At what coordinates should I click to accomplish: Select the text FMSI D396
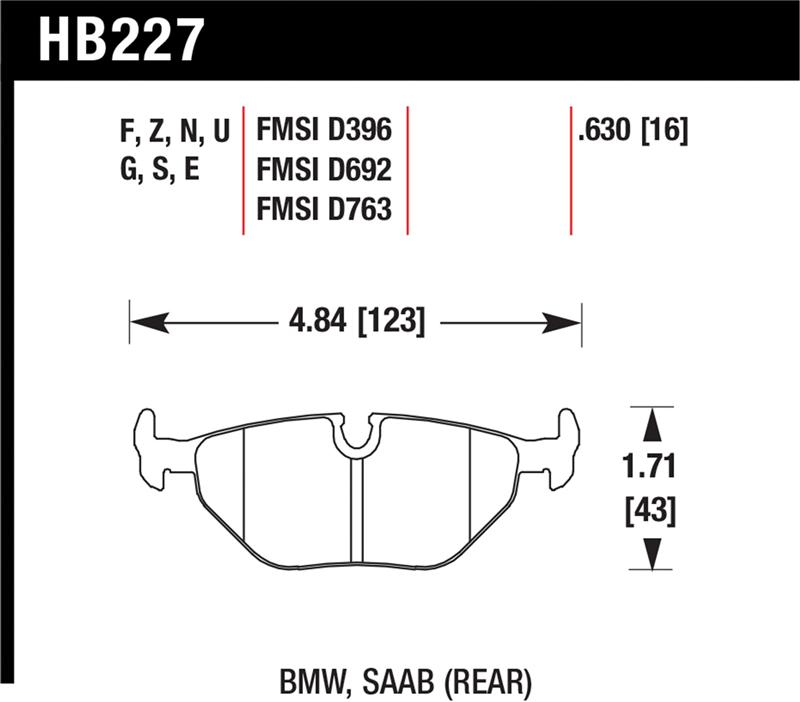(x=323, y=130)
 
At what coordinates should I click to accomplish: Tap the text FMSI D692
(x=323, y=170)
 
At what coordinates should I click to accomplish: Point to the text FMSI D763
(x=323, y=209)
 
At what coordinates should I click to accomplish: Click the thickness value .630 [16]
(x=632, y=130)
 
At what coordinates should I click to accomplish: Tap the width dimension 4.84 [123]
(x=355, y=322)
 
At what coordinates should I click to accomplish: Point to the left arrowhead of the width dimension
(x=146, y=322)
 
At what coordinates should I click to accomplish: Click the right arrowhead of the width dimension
(x=564, y=322)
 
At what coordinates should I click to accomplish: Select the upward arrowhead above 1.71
(x=652, y=424)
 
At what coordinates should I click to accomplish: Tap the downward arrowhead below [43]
(x=652, y=553)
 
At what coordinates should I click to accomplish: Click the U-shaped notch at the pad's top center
(x=355, y=436)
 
